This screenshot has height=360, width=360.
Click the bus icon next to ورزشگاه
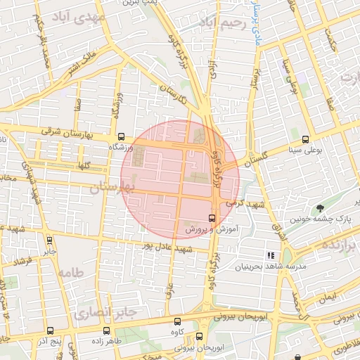121,138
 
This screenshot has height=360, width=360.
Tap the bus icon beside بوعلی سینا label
304,139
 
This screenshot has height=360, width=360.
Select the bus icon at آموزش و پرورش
213,217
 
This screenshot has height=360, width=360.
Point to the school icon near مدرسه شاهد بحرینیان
269,255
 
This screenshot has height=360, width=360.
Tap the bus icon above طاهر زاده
106,330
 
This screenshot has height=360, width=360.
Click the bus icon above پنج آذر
49,330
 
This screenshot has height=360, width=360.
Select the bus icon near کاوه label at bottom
199,336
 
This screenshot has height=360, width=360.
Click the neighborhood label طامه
71,272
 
